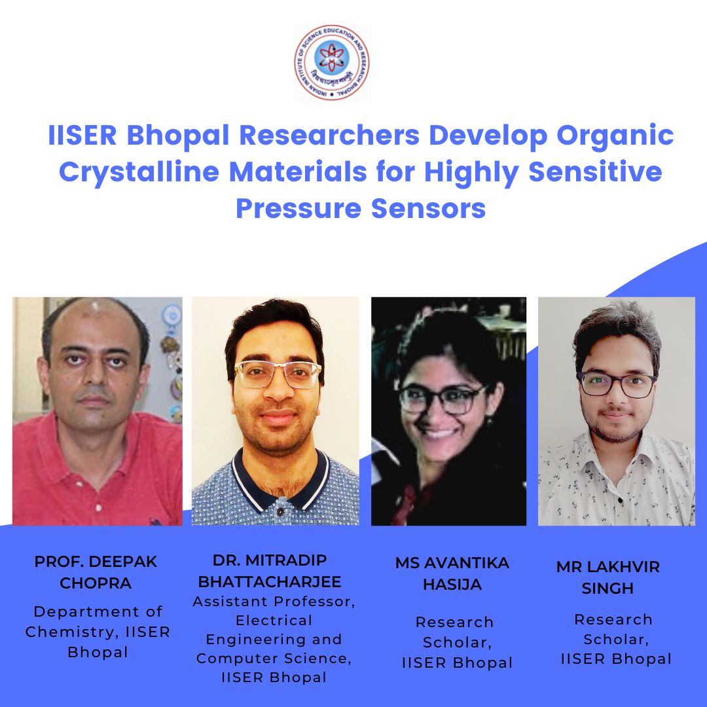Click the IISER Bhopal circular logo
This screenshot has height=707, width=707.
(x=332, y=62)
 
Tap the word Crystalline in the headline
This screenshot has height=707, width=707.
(x=139, y=173)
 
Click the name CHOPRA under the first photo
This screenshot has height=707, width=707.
(x=96, y=583)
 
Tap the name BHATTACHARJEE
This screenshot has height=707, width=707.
(x=270, y=582)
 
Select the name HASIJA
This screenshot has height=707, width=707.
(x=452, y=585)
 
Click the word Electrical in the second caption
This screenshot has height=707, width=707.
(x=274, y=621)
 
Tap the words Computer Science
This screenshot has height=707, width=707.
(x=274, y=659)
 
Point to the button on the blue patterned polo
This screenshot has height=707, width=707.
(x=280, y=512)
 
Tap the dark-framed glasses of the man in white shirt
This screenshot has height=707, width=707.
(x=617, y=385)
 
